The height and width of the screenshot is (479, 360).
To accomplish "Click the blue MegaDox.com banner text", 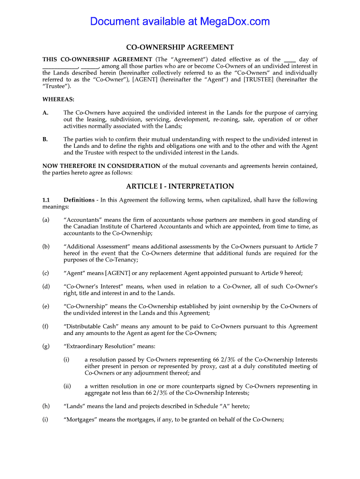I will pyautogui.click(x=180, y=22).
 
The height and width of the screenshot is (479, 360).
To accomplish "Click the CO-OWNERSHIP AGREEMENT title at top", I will pyautogui.click(x=180, y=47).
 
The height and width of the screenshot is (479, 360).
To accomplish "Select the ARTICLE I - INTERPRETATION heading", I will pyautogui.click(x=180, y=186).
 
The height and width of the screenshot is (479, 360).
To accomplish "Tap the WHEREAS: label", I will pyautogui.click(x=58, y=99).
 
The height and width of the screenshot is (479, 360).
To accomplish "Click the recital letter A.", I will pyautogui.click(x=45, y=113).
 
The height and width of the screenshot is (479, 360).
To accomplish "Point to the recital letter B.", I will pyautogui.click(x=45, y=139).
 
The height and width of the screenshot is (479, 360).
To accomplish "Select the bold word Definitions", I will pyautogui.click(x=79, y=200).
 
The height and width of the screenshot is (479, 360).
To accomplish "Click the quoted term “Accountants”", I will pyautogui.click(x=82, y=220).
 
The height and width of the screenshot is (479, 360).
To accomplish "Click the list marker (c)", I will pyautogui.click(x=45, y=273).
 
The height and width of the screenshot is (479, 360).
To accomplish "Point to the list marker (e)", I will pyautogui.click(x=45, y=306).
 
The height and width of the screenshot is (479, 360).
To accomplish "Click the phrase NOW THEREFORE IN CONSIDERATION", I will pyautogui.click(x=101, y=166).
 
